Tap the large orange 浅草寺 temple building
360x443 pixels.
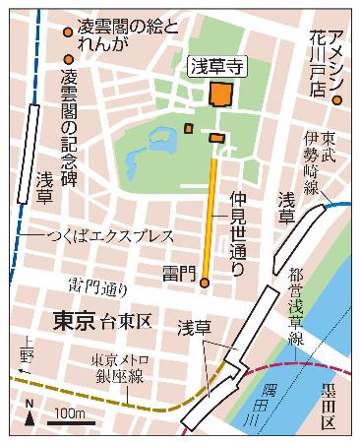point(220,94)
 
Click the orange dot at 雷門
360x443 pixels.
point(205,283)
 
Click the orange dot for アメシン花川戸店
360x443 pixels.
point(336,99)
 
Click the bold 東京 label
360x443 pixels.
point(74,320)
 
